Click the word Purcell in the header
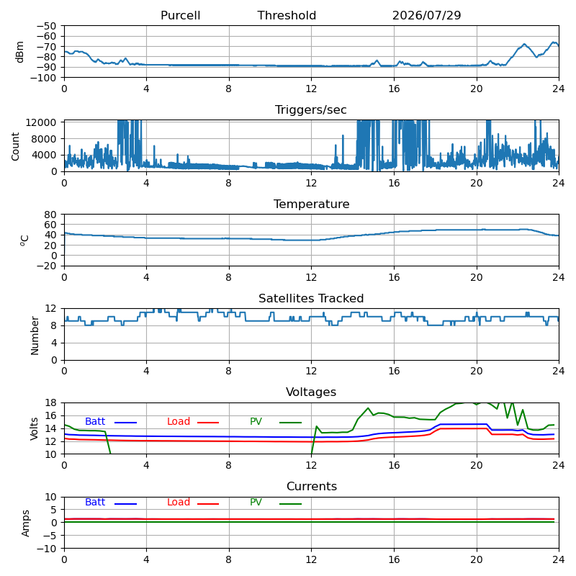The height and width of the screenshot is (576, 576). coord(181,15)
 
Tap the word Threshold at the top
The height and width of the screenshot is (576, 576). coord(287,15)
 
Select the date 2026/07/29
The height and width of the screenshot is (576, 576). coord(426,15)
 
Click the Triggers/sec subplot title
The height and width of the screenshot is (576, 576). coord(311,110)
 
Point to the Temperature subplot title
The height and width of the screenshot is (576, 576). coord(312,204)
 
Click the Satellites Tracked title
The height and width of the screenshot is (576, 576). coord(311,298)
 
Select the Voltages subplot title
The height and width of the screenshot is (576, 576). coord(311,392)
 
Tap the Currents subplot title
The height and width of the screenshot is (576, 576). coord(312,487)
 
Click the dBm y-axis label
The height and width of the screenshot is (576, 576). coord(19,52)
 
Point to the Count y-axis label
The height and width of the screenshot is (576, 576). coord(15,147)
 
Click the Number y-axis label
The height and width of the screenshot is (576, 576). coord(35,336)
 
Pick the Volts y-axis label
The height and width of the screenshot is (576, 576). coord(34,428)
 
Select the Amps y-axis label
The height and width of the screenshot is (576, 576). coord(25,523)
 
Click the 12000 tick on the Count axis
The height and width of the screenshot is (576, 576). coord(41,122)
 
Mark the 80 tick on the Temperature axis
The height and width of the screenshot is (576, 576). coord(50,215)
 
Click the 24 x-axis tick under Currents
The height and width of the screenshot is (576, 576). coord(559,559)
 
